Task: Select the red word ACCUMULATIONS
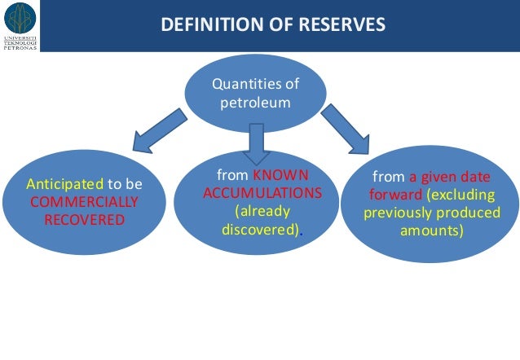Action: [x=262, y=192]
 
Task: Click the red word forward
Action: [x=394, y=195]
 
